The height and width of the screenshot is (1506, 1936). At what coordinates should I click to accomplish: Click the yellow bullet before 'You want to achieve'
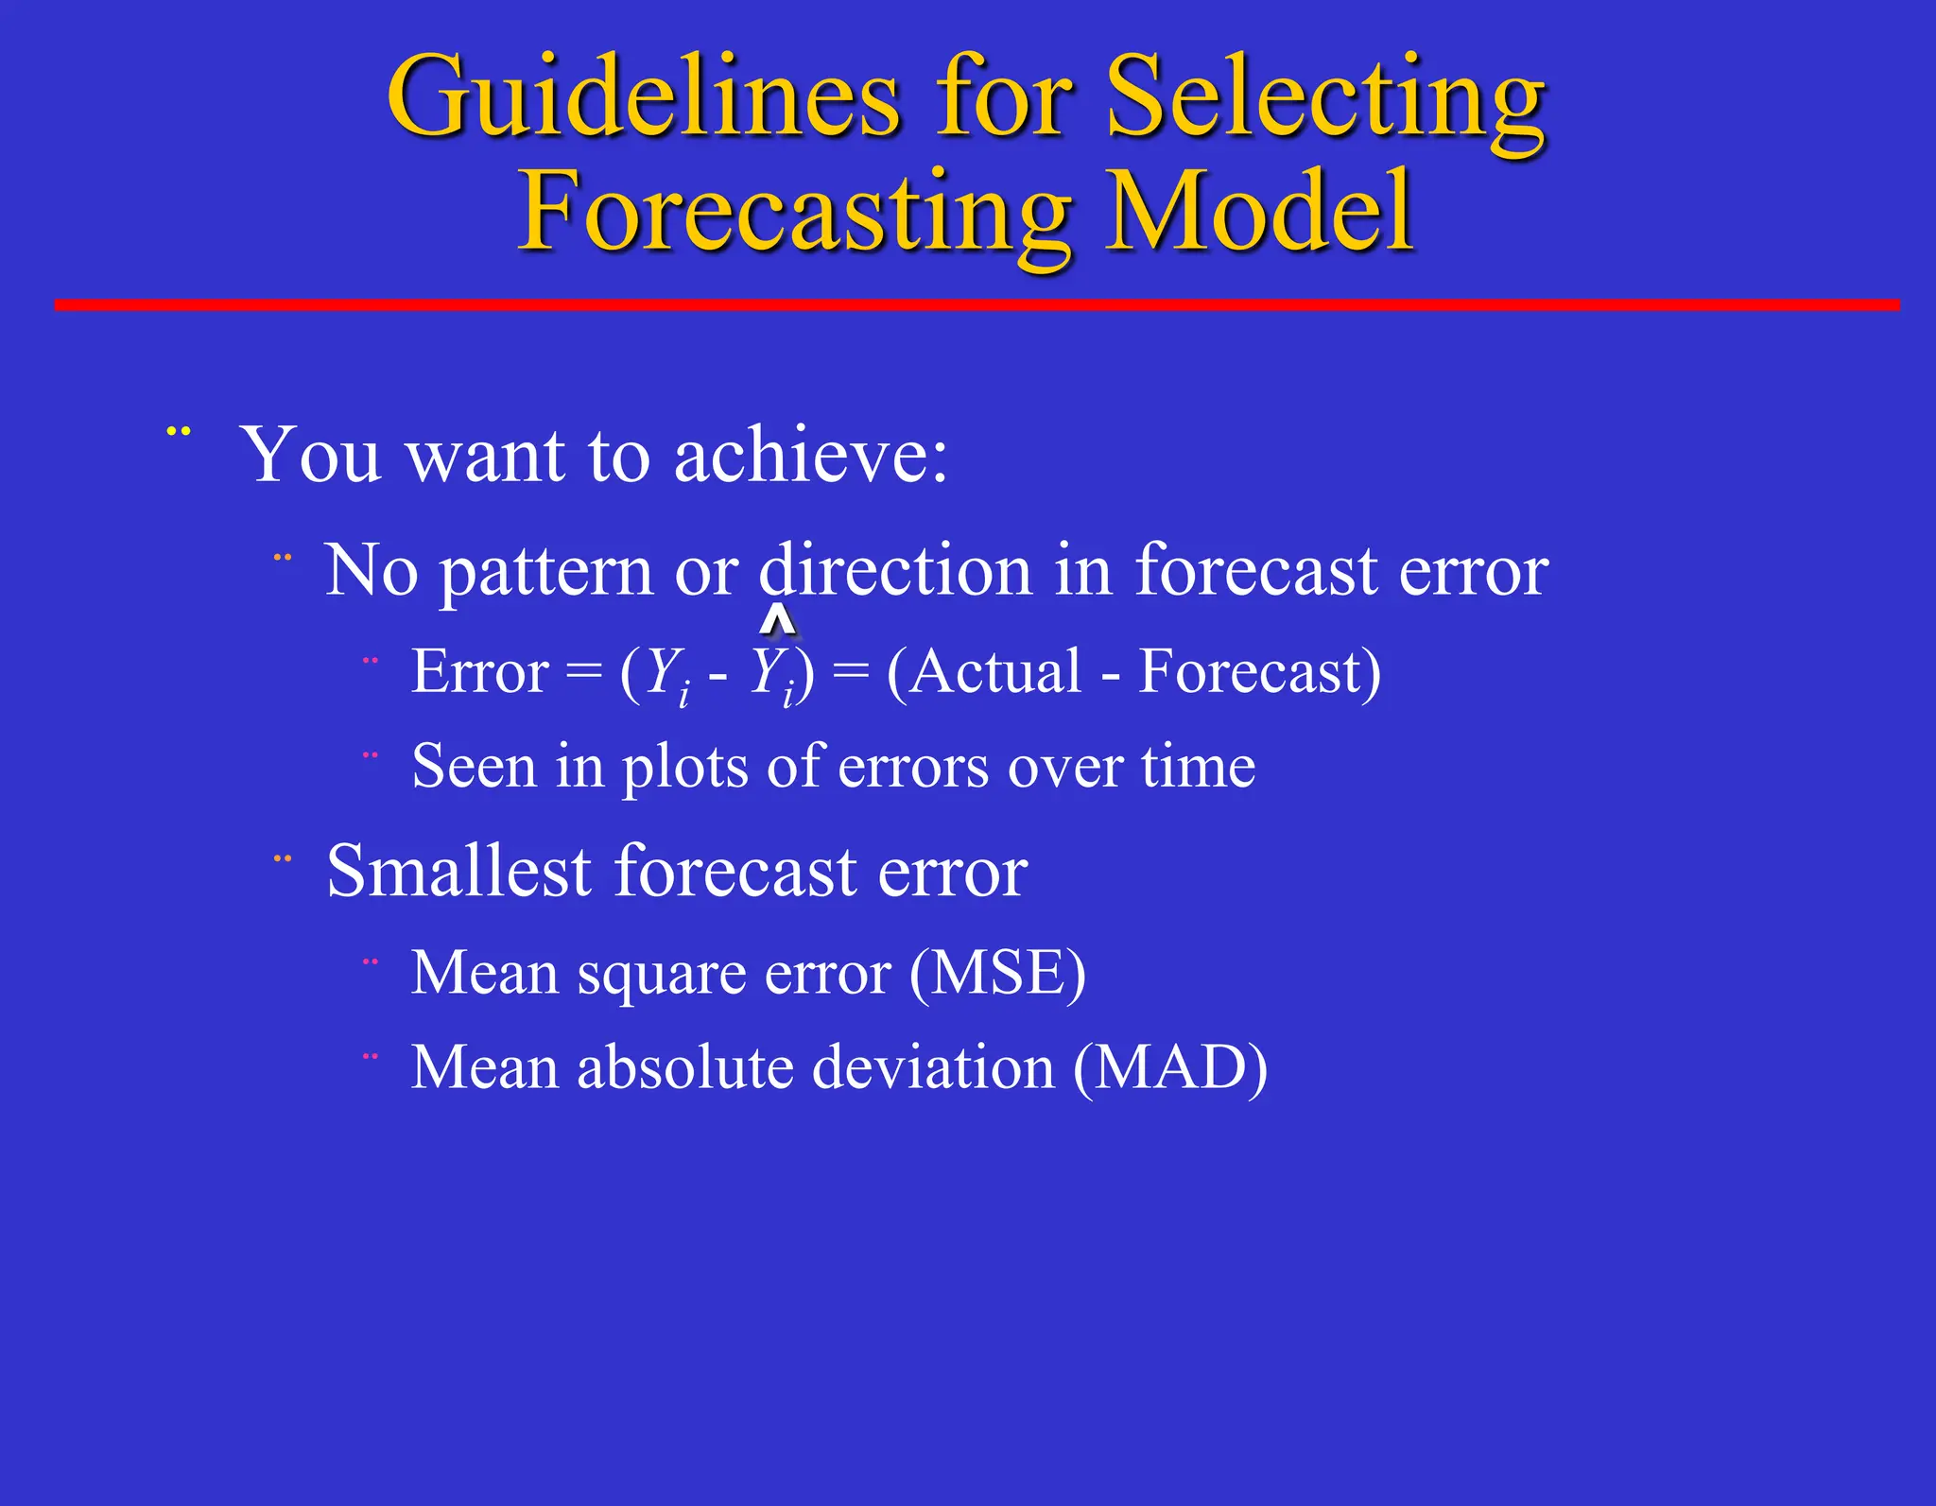179,432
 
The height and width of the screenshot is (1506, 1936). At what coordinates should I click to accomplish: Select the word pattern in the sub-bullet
546,571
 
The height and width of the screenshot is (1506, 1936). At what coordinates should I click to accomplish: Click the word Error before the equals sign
479,672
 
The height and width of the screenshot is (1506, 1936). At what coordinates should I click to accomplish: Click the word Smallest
458,871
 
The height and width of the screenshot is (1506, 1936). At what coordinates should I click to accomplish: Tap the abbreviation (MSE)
997,973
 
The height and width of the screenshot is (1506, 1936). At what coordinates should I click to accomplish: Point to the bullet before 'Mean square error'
371,962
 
